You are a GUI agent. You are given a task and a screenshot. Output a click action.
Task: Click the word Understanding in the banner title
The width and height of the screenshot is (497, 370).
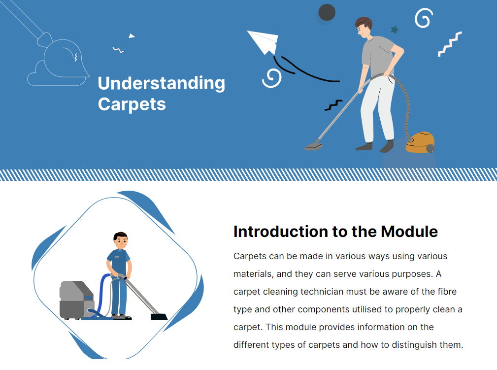161,84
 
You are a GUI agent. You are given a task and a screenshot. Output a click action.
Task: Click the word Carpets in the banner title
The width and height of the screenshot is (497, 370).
132,104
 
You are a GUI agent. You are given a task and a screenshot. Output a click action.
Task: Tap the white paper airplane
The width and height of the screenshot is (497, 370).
264,41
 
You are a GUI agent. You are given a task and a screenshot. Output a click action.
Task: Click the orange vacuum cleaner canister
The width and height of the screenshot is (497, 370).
420,142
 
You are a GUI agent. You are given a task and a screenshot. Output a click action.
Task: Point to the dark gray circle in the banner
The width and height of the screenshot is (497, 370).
327,12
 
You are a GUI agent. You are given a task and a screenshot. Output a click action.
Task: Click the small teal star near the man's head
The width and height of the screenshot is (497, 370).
395,30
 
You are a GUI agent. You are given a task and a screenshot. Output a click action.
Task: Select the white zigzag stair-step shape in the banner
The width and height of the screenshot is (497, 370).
450,44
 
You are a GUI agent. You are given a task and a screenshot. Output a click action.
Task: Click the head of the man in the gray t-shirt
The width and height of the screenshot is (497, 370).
364,27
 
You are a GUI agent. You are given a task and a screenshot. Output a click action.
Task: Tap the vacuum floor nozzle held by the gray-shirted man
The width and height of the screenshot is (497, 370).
314,146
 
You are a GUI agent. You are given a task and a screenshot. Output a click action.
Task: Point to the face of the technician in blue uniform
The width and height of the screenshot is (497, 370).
120,242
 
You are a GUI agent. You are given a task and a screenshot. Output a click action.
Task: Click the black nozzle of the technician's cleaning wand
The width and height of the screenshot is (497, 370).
159,316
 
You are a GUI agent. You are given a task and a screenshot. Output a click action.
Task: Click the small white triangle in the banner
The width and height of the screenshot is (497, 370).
132,35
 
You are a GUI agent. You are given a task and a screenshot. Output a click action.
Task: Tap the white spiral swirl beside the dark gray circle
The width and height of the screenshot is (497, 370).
423,19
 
